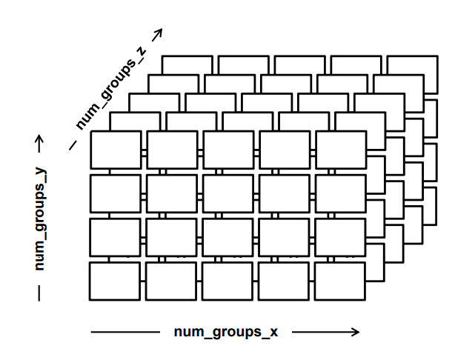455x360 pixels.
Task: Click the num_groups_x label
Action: coord(225,332)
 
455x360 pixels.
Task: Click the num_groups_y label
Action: coord(41,219)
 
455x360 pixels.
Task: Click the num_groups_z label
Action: coord(110,87)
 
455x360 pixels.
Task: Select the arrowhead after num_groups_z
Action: coord(156,33)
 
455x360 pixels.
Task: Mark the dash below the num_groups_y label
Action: coord(40,292)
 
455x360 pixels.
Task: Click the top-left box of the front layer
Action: coord(115,150)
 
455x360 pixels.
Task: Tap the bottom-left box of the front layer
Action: coord(115,281)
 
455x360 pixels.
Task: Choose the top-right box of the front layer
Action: coord(340,150)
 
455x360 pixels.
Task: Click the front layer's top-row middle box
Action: coord(227,150)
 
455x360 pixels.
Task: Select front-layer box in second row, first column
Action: coord(115,193)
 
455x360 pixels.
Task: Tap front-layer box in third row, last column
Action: coord(340,238)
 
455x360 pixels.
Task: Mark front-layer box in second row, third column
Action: coord(227,193)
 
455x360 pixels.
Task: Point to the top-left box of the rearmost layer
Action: coord(187,64)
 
